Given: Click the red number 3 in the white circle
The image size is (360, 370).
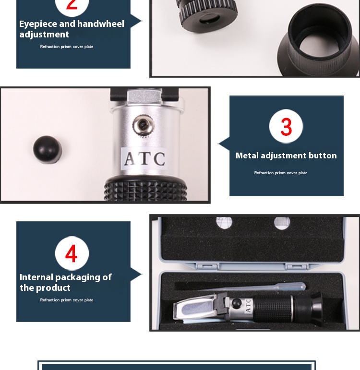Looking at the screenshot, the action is (x=286, y=127).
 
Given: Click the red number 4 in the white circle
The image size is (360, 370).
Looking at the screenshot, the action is (x=72, y=254).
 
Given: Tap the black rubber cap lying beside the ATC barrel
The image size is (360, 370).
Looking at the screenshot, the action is (x=48, y=149).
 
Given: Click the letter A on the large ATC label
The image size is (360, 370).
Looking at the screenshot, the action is (x=130, y=158).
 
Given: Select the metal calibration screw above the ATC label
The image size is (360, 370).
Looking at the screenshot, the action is (x=144, y=125).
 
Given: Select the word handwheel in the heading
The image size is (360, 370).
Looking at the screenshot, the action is (x=101, y=24).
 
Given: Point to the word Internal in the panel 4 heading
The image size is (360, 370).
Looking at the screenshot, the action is (x=36, y=277).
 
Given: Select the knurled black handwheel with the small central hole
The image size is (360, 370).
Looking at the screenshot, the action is (x=208, y=15).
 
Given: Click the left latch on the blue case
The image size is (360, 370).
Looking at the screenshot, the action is (x=207, y=267).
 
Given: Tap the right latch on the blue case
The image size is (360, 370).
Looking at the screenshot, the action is (x=298, y=267).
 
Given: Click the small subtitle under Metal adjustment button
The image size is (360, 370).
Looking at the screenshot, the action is (x=281, y=173).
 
